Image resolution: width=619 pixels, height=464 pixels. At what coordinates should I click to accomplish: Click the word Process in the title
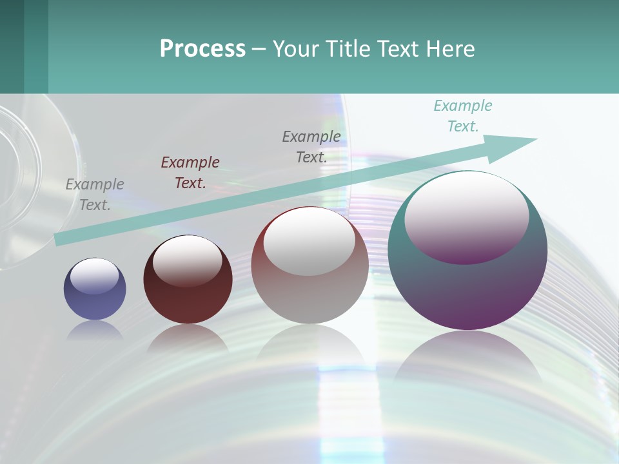pyautogui.click(x=202, y=49)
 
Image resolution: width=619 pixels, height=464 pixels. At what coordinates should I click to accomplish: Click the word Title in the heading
pyautogui.click(x=348, y=49)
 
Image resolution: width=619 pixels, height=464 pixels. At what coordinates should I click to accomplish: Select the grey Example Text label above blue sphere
pyautogui.click(x=95, y=195)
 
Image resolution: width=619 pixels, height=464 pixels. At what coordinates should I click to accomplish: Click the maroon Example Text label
pyautogui.click(x=190, y=173)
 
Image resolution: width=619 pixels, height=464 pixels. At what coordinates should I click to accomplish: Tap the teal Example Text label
pyautogui.click(x=463, y=116)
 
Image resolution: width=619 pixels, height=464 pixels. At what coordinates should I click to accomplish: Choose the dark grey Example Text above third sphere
pyautogui.click(x=311, y=146)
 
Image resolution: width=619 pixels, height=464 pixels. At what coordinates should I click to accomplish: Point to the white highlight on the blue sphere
pyautogui.click(x=94, y=276)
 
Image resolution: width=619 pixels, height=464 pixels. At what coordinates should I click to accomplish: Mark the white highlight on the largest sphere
pyautogui.click(x=466, y=216)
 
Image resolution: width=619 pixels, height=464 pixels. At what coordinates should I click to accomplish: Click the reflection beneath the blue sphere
pyautogui.click(x=95, y=331)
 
